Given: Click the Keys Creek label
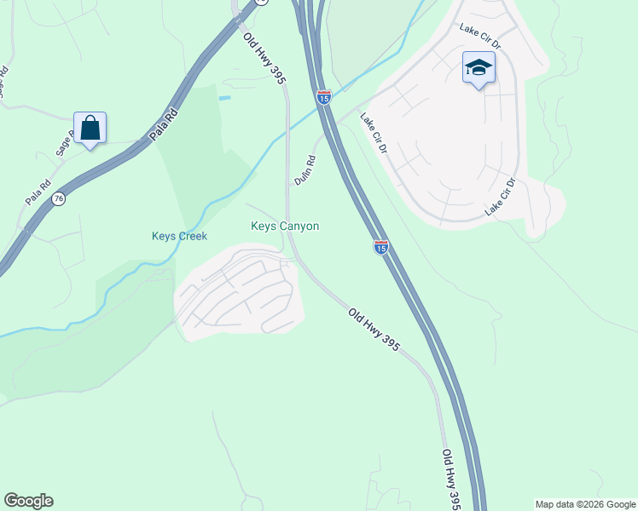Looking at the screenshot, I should pyautogui.click(x=179, y=236).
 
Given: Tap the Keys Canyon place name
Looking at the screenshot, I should pyautogui.click(x=285, y=226).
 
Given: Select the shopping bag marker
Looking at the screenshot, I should pyautogui.click(x=90, y=129).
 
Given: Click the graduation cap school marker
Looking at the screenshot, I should pyautogui.click(x=478, y=68).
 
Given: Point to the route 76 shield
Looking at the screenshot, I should pyautogui.click(x=58, y=198).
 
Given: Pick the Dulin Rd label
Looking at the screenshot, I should pyautogui.click(x=304, y=169).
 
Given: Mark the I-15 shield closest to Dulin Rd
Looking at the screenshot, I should pyautogui.click(x=323, y=97).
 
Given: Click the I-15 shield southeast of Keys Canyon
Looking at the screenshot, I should pyautogui.click(x=381, y=246).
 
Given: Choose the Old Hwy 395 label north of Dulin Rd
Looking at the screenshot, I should pyautogui.click(x=264, y=59).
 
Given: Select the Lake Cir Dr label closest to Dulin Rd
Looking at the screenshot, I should pyautogui.click(x=374, y=133).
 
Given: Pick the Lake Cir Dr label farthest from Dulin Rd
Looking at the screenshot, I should pyautogui.click(x=501, y=197).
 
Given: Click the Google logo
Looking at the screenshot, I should pyautogui.click(x=28, y=501).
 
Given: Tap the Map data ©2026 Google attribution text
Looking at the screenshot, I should pyautogui.click(x=585, y=504).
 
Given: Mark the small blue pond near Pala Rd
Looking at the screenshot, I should pyautogui.click(x=224, y=98).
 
